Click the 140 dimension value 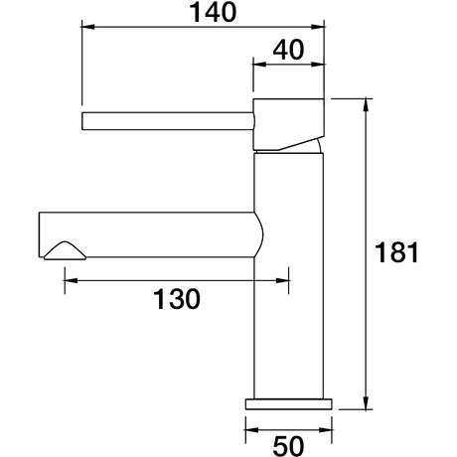(x=213, y=13)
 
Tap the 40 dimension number (x=288, y=50)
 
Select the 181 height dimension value (x=396, y=252)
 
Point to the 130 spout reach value (x=177, y=299)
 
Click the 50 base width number (x=288, y=446)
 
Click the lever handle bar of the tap (x=168, y=121)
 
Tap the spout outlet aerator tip (x=65, y=250)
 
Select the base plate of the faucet (x=288, y=404)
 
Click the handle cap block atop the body (x=288, y=124)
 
